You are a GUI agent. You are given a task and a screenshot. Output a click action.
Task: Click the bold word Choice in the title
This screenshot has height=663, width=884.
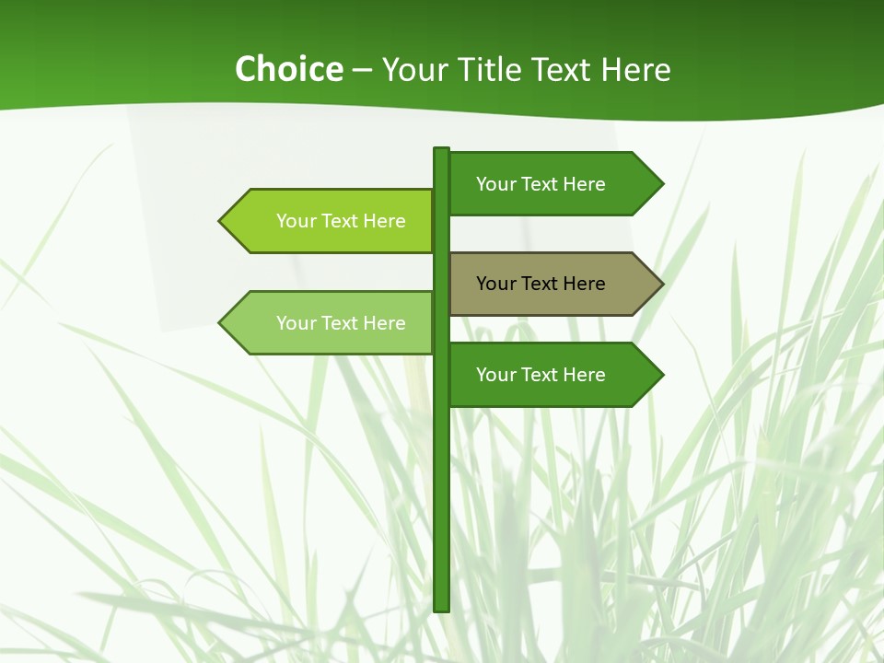click(288, 69)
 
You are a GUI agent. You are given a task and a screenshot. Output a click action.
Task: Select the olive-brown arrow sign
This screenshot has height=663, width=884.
click(552, 284)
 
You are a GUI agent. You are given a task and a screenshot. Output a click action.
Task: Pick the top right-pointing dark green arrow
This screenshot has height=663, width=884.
click(552, 184)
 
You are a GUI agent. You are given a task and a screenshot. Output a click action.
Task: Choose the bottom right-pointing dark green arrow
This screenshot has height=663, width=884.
click(552, 375)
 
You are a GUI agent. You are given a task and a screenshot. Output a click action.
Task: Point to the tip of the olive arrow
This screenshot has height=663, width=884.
click(661, 284)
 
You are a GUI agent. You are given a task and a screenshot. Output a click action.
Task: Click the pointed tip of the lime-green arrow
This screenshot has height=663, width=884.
click(221, 221)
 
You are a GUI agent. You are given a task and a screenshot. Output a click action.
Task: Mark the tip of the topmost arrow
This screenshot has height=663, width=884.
click(661, 184)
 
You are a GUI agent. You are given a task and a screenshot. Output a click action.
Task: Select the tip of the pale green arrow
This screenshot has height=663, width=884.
click(221, 323)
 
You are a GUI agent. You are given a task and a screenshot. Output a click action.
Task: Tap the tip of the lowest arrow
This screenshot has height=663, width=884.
click(661, 375)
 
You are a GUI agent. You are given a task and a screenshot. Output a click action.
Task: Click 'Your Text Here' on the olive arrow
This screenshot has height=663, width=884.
click(541, 284)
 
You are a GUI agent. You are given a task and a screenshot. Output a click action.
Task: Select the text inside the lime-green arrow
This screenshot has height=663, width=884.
click(341, 221)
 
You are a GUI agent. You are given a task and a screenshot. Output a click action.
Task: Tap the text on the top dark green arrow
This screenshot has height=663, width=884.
click(541, 184)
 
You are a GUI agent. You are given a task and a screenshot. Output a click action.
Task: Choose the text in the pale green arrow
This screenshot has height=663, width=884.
click(341, 323)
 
